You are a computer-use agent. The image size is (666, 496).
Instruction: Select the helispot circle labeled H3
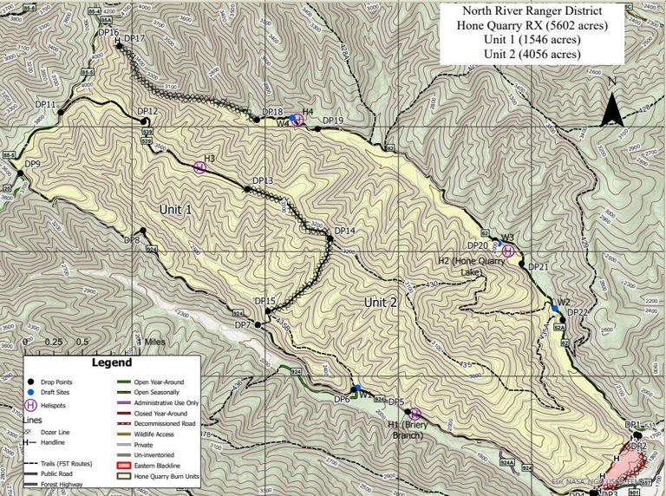199,166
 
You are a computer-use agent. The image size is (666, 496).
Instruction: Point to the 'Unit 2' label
380,302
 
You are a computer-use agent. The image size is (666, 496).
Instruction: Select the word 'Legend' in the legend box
112,362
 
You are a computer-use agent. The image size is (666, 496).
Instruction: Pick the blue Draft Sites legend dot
32,393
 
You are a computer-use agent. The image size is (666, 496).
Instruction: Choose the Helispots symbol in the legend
32,405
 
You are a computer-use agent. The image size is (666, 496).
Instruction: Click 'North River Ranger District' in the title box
532,11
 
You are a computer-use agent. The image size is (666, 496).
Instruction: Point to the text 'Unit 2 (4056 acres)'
532,55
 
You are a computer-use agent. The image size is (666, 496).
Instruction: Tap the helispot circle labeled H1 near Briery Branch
415,414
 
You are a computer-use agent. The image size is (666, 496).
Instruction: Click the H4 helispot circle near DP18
297,120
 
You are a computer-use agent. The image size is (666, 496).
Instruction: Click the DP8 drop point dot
142,231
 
